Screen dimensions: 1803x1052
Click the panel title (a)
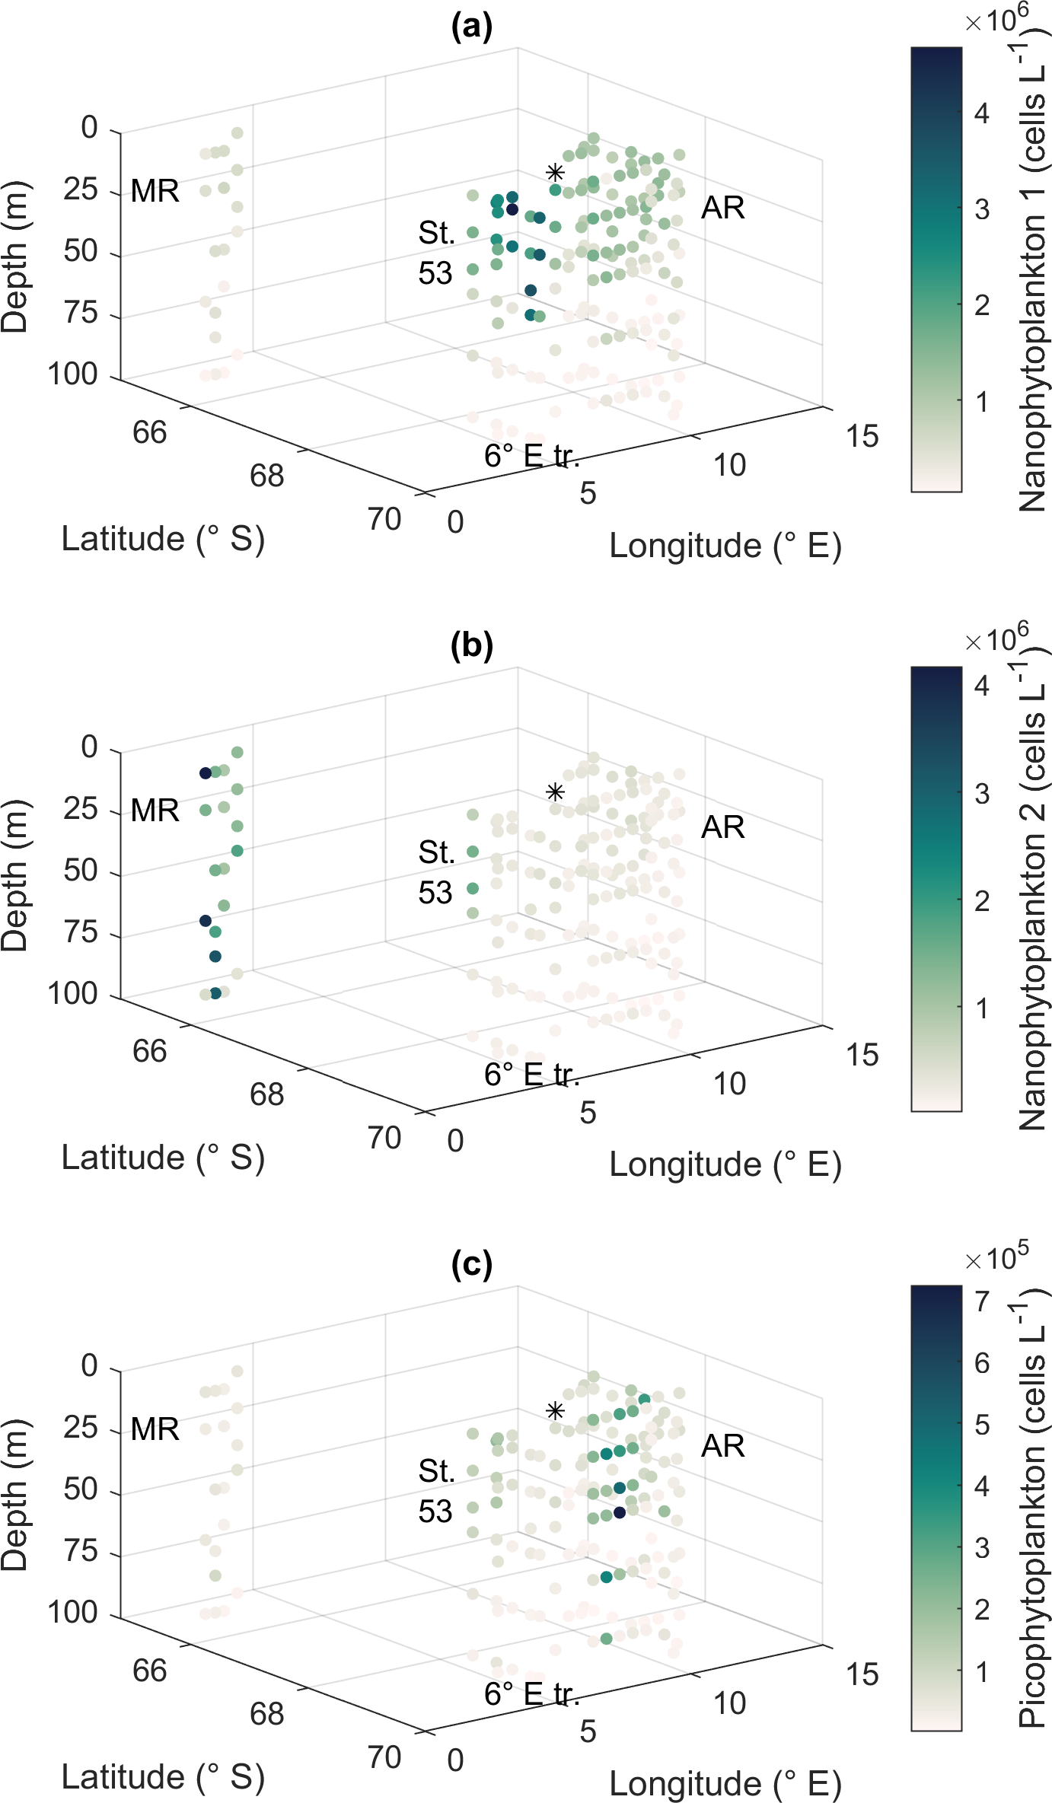(x=471, y=27)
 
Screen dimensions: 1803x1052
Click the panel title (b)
(x=471, y=646)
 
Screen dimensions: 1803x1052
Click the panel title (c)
(x=471, y=1265)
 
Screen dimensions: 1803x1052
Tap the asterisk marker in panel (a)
(x=555, y=173)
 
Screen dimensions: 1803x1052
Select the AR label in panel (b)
(x=722, y=827)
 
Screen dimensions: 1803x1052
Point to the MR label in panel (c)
(x=155, y=1429)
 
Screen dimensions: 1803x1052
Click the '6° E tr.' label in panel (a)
(x=531, y=456)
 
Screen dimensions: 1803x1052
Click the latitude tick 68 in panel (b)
(x=266, y=1095)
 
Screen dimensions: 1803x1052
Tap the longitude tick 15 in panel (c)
(x=862, y=1674)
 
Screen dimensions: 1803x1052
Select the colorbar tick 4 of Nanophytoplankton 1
(x=982, y=113)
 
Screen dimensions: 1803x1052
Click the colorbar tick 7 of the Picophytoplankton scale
(x=982, y=1301)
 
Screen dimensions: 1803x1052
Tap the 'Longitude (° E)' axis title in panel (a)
(x=725, y=546)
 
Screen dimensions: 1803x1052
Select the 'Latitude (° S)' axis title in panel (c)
(x=163, y=1777)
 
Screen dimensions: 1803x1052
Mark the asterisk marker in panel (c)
(x=555, y=1411)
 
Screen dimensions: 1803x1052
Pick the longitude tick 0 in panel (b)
(x=455, y=1142)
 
